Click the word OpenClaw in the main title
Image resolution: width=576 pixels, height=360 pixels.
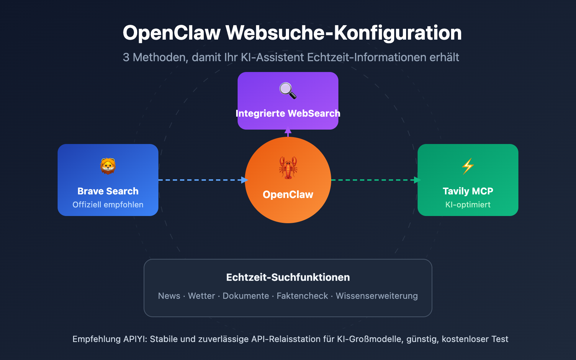point(171,33)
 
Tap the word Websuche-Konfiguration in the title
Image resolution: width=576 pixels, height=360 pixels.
point(343,33)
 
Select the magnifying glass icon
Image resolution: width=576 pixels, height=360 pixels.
point(288,90)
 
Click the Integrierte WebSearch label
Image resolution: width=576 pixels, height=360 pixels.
point(288,113)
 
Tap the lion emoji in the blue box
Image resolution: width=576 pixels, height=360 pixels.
point(108,166)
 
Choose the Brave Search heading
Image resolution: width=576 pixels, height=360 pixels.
point(108,191)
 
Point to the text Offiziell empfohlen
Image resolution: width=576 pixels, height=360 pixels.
point(108,204)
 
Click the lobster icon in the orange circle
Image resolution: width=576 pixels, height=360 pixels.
point(288,167)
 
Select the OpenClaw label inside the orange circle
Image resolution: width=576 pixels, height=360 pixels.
point(288,194)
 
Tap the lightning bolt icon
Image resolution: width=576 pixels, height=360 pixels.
point(468,166)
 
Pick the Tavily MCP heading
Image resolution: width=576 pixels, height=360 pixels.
point(468,191)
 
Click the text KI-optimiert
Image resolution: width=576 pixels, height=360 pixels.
point(468,204)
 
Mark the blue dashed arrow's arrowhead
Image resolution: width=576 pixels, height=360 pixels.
point(244,180)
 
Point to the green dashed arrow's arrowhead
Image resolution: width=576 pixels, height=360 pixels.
point(418,180)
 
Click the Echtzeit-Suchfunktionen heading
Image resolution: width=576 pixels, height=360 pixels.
point(288,277)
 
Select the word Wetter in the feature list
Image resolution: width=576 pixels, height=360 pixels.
point(201,296)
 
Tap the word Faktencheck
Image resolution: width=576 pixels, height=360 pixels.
point(302,296)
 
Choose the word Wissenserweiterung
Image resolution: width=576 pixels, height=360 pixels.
point(377,296)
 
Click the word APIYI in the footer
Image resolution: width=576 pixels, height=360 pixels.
point(134,339)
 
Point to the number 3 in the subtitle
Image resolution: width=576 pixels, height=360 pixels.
point(126,57)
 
